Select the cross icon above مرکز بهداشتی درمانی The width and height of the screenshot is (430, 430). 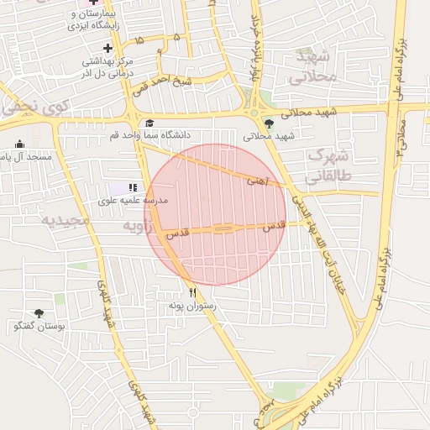pyautogui.click(x=107, y=48)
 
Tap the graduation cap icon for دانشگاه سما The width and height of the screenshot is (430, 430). pyautogui.click(x=149, y=123)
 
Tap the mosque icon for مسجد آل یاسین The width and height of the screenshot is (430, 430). pyautogui.click(x=20, y=144)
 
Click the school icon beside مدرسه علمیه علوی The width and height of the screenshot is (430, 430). pyautogui.click(x=132, y=186)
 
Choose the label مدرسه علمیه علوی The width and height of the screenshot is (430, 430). pyautogui.click(x=134, y=201)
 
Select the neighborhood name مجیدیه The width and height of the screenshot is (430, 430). pyautogui.click(x=65, y=220)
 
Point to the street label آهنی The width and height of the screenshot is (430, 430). pyautogui.click(x=257, y=180)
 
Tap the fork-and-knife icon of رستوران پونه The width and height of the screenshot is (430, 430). pyautogui.click(x=193, y=292)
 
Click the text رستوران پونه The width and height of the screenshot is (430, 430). pyautogui.click(x=197, y=306)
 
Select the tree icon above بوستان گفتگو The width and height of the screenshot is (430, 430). pyautogui.click(x=39, y=312)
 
